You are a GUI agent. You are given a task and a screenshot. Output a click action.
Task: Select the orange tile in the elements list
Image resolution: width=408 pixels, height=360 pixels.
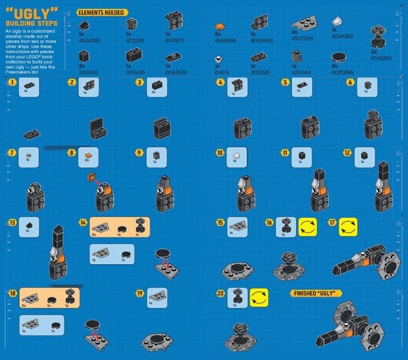coord(219,26)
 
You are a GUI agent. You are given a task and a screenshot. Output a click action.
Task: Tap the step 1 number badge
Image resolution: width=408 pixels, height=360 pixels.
coord(12,82)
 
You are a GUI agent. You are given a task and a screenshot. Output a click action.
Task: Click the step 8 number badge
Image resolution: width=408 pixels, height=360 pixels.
coord(71,153)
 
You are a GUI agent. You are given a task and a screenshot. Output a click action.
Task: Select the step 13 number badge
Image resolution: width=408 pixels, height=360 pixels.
coord(12,222)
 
